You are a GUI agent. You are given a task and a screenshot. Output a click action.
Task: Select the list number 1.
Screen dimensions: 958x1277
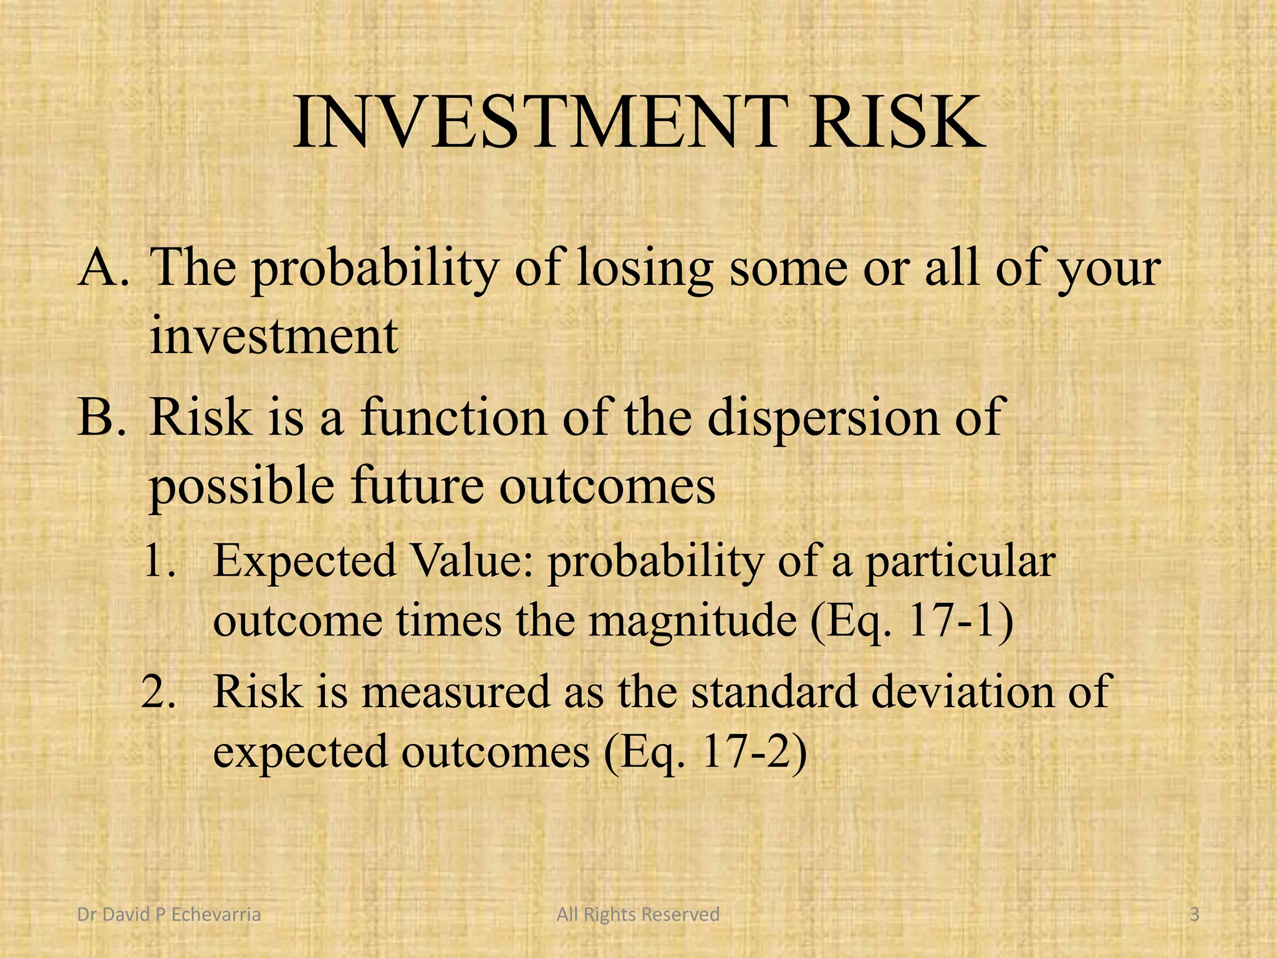[161, 560]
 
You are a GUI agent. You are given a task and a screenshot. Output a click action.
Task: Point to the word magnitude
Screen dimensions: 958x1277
[692, 622]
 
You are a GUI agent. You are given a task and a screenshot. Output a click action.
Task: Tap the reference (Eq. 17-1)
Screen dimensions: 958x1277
[911, 622]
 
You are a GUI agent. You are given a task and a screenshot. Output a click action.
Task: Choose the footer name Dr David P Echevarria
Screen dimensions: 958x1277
[168, 914]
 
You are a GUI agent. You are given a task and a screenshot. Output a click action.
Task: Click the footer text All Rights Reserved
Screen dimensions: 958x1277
[638, 914]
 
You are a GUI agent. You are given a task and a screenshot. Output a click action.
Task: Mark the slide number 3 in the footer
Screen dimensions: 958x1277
[1194, 914]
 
